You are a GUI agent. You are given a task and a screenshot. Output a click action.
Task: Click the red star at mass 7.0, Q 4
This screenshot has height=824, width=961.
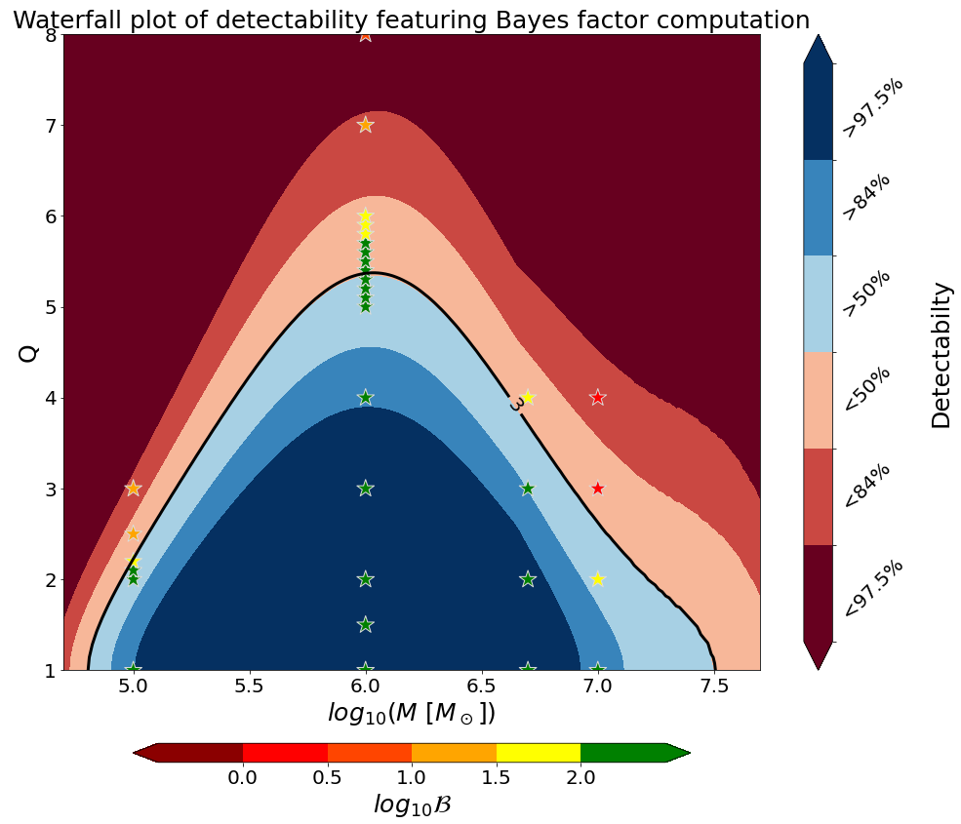click(597, 398)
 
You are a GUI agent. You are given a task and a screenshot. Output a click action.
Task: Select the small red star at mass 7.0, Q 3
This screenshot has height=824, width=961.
click(597, 489)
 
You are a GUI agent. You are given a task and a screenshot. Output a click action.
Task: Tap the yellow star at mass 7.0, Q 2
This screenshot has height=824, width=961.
click(597, 579)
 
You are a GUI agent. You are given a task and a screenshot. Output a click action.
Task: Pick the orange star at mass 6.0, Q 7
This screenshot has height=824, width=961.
click(365, 125)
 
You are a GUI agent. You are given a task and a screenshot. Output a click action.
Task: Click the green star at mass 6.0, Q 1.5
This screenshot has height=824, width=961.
click(365, 624)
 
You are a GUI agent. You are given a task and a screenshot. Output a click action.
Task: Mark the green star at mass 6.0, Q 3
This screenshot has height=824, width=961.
click(365, 489)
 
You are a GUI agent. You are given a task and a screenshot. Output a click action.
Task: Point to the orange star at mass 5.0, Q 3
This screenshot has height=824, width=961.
click(133, 489)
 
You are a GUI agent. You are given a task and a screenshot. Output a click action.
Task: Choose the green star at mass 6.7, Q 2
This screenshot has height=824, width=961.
click(528, 579)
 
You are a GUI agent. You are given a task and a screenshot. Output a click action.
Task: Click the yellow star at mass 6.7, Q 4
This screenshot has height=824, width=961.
click(528, 398)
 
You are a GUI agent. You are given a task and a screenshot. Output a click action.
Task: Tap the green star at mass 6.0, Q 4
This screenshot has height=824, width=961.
click(365, 398)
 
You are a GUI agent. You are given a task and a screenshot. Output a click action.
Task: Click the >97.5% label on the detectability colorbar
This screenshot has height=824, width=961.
click(872, 107)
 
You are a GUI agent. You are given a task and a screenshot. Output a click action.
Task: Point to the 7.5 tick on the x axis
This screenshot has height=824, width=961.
click(714, 686)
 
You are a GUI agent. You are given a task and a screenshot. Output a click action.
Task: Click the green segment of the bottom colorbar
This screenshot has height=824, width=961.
click(623, 752)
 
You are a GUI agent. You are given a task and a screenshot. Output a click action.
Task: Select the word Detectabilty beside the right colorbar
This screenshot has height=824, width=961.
click(941, 355)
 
